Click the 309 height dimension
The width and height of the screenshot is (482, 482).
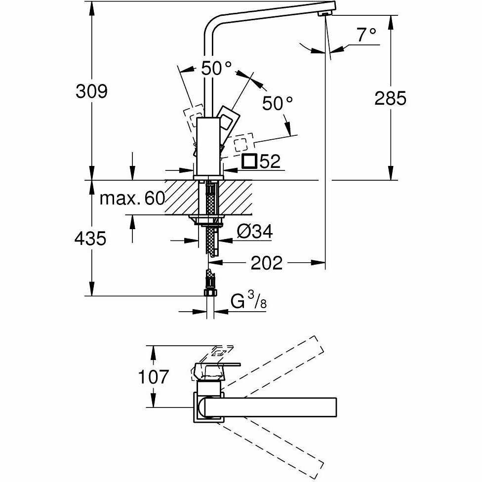pyautogui.click(x=91, y=91)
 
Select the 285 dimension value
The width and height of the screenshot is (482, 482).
pyautogui.click(x=390, y=98)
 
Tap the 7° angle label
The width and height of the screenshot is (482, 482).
pyautogui.click(x=366, y=35)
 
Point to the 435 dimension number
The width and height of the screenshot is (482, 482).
pyautogui.click(x=90, y=239)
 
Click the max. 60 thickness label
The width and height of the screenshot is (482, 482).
pyautogui.click(x=132, y=199)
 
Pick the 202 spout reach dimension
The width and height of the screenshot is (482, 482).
pyautogui.click(x=267, y=263)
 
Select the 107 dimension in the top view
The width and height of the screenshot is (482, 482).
pyautogui.click(x=153, y=377)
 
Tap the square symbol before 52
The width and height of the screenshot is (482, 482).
pyautogui.click(x=249, y=161)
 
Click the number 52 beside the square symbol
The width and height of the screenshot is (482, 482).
pyautogui.click(x=269, y=161)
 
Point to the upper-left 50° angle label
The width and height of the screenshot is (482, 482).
pyautogui.click(x=216, y=69)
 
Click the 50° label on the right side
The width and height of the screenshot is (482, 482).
pyautogui.click(x=277, y=103)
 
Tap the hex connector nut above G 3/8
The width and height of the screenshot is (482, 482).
pyautogui.click(x=210, y=293)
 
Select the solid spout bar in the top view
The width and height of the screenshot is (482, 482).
pyautogui.click(x=272, y=406)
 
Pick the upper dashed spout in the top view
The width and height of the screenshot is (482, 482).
pyautogui.click(x=277, y=361)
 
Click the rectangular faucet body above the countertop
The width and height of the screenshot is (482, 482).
pyautogui.click(x=208, y=146)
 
